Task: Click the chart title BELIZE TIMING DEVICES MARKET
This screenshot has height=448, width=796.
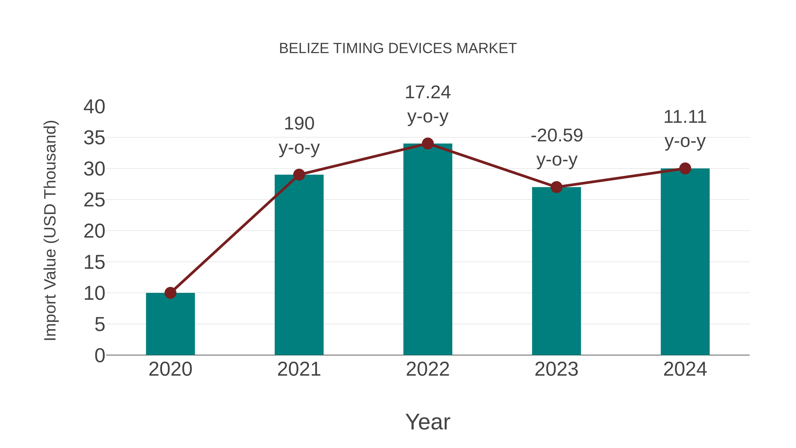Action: coord(398,48)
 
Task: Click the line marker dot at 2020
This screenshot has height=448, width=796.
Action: coord(170,292)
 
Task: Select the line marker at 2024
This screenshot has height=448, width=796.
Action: coord(685,169)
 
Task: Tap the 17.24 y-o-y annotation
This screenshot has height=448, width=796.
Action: coord(428,104)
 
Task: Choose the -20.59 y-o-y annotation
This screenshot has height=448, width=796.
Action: coord(557,148)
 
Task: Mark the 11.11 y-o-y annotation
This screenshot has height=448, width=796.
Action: coord(685,129)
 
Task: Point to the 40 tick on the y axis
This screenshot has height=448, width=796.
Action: coord(94,107)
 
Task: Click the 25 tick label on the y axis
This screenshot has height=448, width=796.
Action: coord(94,200)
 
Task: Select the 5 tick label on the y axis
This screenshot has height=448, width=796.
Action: coord(99,325)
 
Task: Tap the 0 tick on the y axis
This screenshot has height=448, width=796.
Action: coord(99,356)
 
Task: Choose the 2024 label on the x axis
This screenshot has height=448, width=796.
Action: coord(685,369)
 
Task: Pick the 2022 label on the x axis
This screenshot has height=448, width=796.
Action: coord(428,369)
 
